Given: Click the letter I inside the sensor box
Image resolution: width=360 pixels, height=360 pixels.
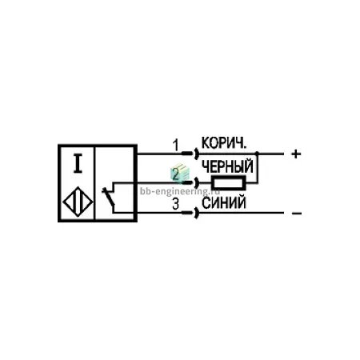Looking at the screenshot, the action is click(78, 163).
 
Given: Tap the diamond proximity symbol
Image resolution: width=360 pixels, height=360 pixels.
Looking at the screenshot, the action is click(78, 202).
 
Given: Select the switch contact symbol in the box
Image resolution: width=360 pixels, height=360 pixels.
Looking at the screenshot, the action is click(109, 197).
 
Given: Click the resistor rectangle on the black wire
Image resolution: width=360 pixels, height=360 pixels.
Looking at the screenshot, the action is click(229, 183).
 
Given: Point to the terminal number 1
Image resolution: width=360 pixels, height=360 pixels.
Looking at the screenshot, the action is click(175, 146).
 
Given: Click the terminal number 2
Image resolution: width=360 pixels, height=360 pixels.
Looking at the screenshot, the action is click(176, 174).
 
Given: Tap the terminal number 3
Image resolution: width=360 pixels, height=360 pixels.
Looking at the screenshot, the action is click(176, 205).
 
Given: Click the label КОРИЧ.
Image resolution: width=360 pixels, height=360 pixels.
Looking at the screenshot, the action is click(224, 143).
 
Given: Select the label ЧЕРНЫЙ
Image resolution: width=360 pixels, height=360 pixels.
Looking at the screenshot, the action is click(227, 166).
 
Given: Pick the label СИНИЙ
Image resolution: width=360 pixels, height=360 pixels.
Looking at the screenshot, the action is click(224, 203).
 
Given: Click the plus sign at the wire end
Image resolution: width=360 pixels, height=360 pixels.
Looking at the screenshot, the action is click(296, 154).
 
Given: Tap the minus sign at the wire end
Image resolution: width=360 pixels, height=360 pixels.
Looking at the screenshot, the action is click(297, 214).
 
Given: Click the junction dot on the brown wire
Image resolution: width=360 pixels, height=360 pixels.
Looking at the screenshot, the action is click(257, 154).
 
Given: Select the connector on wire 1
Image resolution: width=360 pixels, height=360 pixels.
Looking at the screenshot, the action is click(190, 154).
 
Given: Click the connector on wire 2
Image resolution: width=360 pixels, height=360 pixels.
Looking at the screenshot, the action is click(190, 183).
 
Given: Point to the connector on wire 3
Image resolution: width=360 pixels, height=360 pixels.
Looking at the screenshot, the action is click(190, 213).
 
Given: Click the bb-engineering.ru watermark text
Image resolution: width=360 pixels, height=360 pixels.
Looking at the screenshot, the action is click(180, 191).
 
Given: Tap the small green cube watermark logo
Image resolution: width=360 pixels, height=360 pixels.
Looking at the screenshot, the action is click(179, 173).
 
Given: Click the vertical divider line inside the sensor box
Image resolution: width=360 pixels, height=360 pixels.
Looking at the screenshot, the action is click(94, 183).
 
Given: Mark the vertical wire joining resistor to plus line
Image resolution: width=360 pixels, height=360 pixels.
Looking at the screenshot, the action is click(258, 168).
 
